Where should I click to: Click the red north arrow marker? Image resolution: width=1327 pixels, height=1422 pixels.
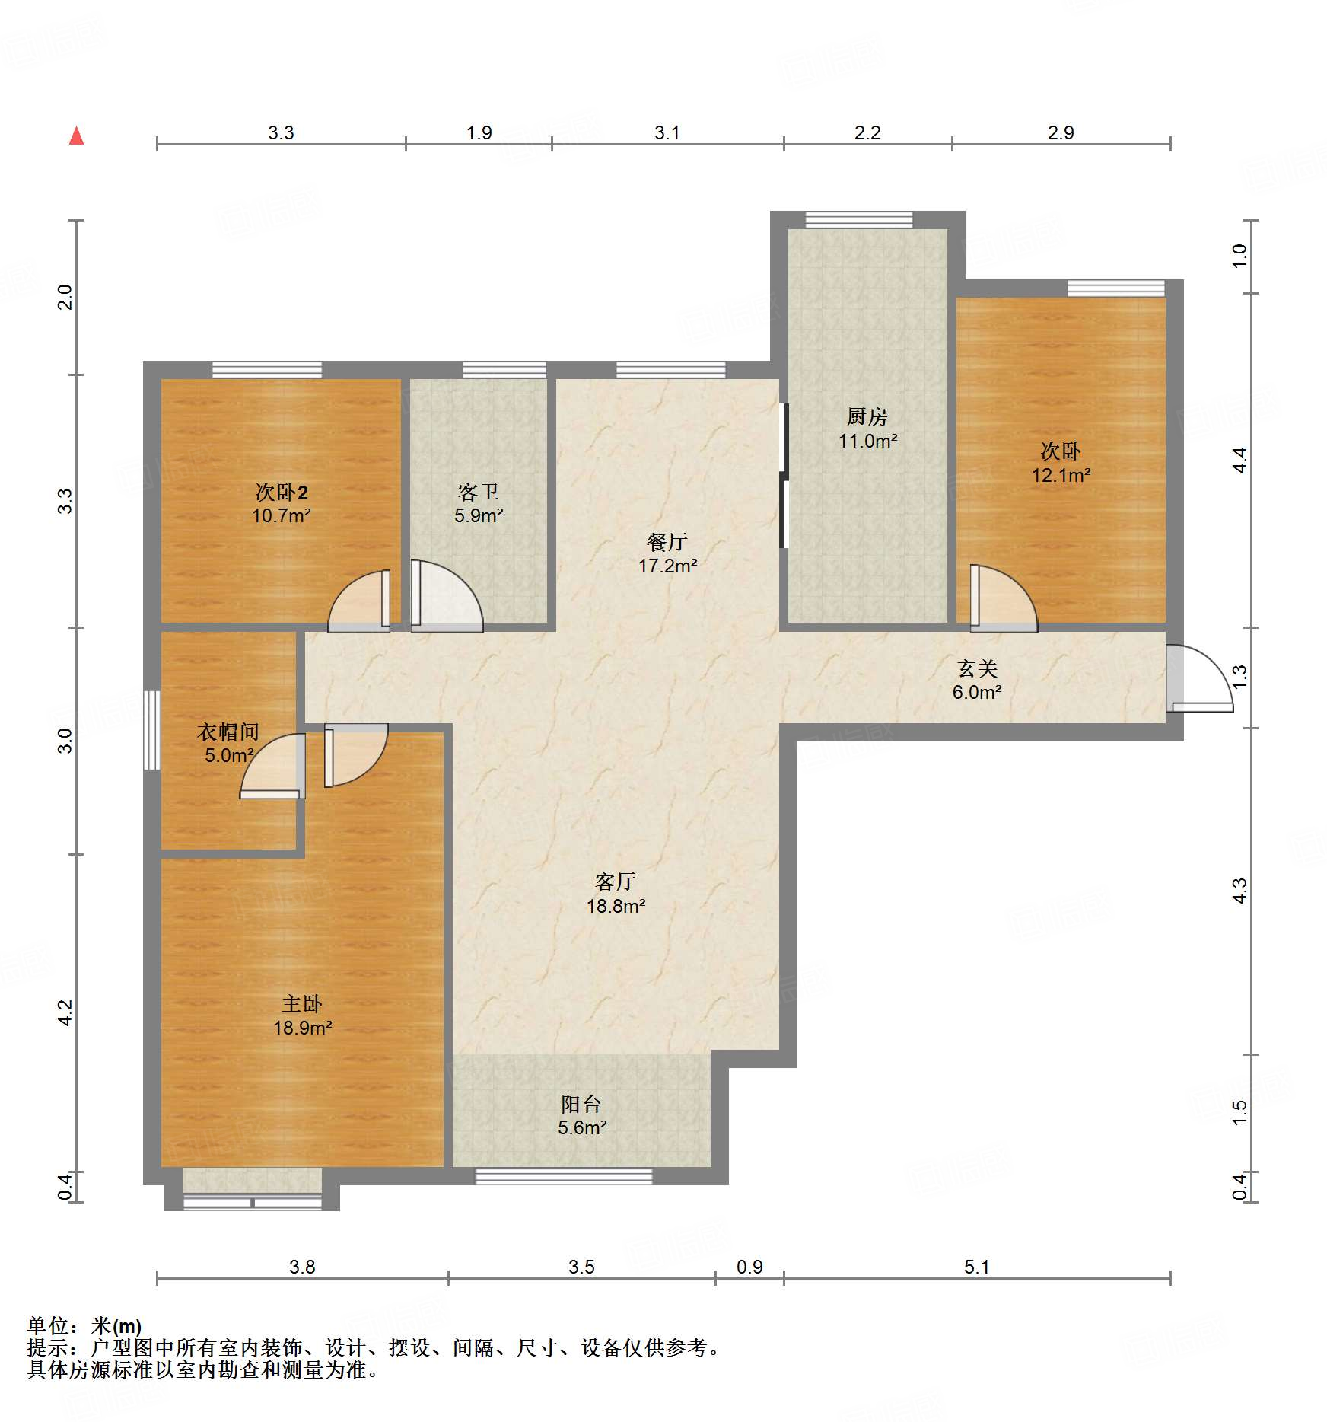click(76, 136)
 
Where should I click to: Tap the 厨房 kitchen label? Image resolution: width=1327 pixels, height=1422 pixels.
click(867, 416)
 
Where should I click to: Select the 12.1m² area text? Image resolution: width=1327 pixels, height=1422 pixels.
click(1061, 475)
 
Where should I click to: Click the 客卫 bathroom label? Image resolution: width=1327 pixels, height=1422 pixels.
click(478, 492)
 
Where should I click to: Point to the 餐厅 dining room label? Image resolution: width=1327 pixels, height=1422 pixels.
click(667, 542)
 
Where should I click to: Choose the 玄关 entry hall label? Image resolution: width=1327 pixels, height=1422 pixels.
click(977, 668)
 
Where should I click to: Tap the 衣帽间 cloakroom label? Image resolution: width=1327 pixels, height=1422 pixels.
click(228, 732)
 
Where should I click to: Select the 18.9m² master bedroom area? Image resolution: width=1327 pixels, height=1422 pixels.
click(302, 1028)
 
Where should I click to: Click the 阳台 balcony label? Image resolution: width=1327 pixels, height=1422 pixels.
click(581, 1104)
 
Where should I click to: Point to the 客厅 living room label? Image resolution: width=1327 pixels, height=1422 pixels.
click(616, 882)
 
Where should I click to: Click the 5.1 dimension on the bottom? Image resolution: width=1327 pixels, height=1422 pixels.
click(976, 1267)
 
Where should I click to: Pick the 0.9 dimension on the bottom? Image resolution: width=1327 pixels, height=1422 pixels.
click(749, 1267)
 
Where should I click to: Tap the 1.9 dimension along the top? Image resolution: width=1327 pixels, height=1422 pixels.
click(479, 132)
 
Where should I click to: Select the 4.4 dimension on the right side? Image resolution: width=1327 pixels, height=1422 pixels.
click(1239, 460)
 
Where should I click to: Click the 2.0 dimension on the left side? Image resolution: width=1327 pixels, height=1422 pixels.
click(65, 297)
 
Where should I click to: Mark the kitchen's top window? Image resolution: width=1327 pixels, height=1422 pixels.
click(859, 220)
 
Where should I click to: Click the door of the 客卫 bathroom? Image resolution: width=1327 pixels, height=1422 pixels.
click(447, 596)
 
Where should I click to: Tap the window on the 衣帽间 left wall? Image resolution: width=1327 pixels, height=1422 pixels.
click(152, 730)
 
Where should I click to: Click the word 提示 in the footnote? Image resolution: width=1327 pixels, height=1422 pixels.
click(48, 1348)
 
